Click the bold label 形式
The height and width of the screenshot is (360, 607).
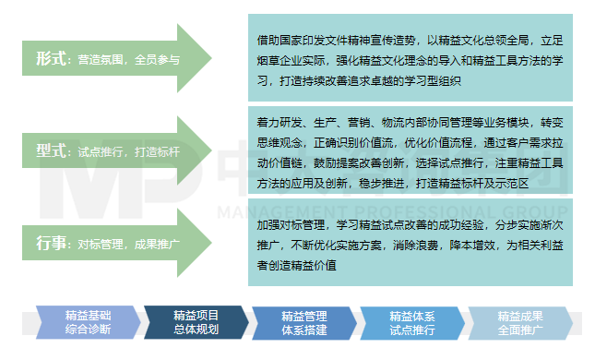tap(53, 58)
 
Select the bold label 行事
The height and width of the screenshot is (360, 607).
tap(53, 244)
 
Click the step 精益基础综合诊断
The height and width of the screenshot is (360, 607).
tap(88, 322)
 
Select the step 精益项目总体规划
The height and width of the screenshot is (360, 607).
tap(195, 322)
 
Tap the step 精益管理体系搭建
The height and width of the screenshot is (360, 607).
tap(303, 322)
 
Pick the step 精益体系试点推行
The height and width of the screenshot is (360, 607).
tap(411, 322)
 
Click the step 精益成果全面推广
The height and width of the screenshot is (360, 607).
tap(519, 322)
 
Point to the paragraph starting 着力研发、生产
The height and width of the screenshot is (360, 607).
tap(410, 151)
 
